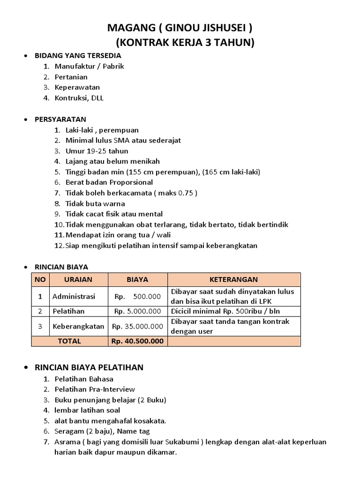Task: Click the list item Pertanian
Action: click(x=71, y=77)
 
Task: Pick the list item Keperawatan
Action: click(x=77, y=87)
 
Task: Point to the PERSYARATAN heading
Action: click(x=60, y=119)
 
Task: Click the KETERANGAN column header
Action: click(x=233, y=279)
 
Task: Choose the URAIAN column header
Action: click(x=78, y=279)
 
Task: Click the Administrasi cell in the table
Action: click(x=74, y=296)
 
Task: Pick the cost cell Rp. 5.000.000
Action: click(x=137, y=311)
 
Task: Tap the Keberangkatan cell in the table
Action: click(x=78, y=326)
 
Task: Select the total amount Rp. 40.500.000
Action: click(x=137, y=341)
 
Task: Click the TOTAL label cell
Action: click(x=69, y=341)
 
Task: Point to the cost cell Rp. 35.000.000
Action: click(x=137, y=326)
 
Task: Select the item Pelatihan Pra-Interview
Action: click(x=95, y=389)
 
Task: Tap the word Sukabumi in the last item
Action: click(x=220, y=442)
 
